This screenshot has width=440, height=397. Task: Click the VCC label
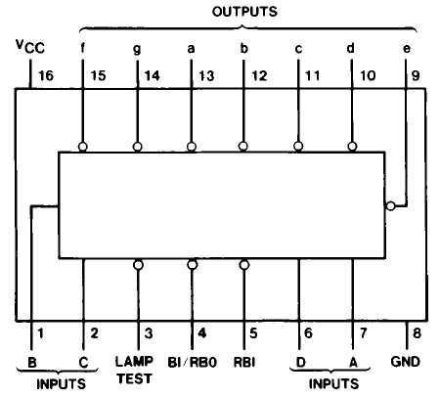click(x=30, y=46)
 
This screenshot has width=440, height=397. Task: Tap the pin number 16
click(x=46, y=76)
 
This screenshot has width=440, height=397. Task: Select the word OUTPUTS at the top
click(x=244, y=12)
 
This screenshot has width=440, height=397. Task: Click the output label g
click(x=137, y=49)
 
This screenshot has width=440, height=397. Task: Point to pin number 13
click(x=206, y=76)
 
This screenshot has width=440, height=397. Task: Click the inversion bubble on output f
click(x=83, y=147)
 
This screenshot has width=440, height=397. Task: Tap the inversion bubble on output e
click(x=390, y=206)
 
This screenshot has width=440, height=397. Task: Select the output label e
click(x=407, y=49)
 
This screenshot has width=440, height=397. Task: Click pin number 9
click(x=416, y=76)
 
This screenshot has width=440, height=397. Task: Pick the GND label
click(x=405, y=362)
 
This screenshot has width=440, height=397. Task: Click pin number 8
click(x=417, y=333)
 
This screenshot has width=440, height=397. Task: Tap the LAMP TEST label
click(x=134, y=370)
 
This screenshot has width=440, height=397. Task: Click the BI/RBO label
click(x=192, y=362)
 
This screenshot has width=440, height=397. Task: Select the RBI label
click(x=244, y=362)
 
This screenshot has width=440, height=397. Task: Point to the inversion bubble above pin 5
click(x=244, y=265)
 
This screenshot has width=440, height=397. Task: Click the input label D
click(x=301, y=362)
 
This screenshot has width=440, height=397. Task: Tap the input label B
click(x=32, y=363)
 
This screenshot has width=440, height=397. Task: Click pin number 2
click(x=94, y=333)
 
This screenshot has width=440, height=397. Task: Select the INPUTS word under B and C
click(x=61, y=384)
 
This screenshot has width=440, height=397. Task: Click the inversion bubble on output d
click(x=352, y=147)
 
